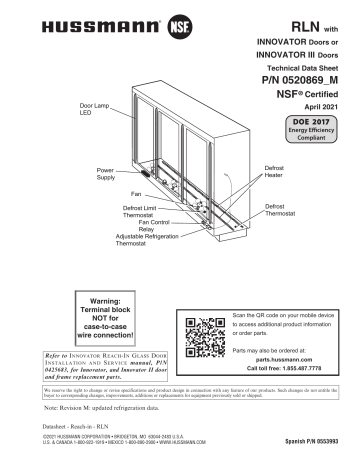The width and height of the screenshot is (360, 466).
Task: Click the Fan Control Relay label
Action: (125, 225)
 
